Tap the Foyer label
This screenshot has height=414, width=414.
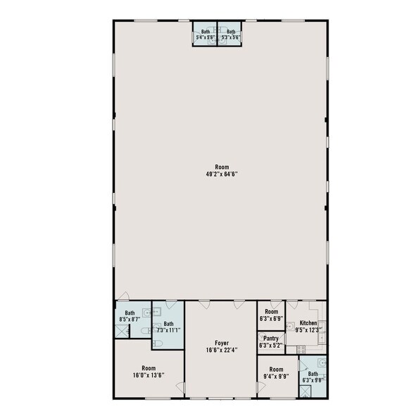[220, 342]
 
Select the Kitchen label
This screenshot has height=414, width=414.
[308, 322]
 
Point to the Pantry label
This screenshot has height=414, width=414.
[270, 339]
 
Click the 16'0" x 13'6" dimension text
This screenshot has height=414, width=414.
[148, 375]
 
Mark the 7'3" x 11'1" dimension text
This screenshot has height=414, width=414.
[168, 330]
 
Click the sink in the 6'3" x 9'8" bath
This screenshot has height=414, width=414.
[321, 364]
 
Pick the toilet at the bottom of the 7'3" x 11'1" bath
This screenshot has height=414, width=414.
[158, 343]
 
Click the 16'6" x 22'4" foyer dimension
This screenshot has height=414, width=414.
[220, 349]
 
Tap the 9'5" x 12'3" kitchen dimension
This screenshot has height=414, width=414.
[308, 329]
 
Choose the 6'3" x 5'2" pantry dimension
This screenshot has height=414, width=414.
[270, 346]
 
